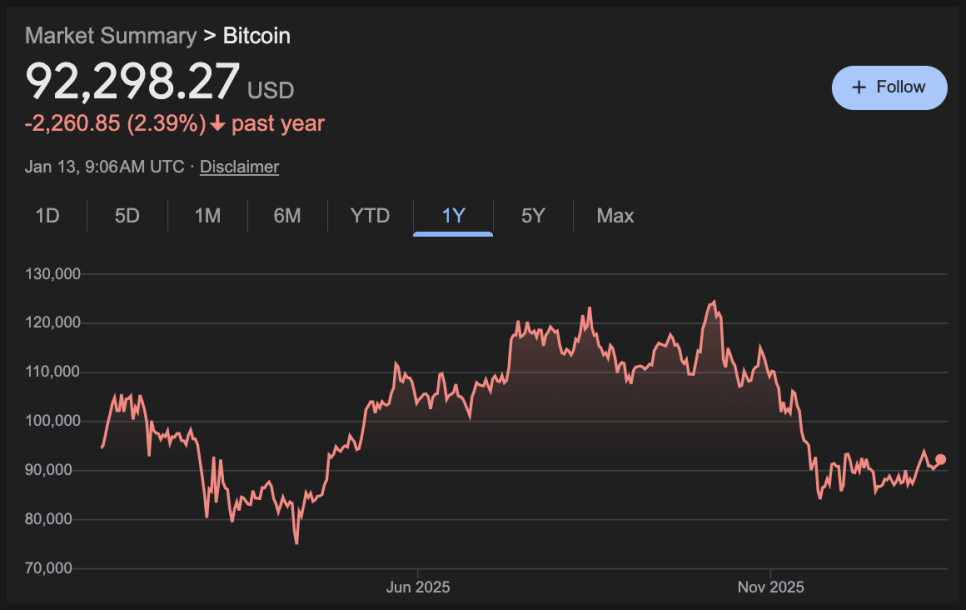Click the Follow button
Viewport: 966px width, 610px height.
tap(889, 88)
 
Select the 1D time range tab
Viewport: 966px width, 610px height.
tap(47, 216)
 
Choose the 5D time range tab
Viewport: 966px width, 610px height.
tap(127, 216)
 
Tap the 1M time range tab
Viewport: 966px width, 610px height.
tap(207, 216)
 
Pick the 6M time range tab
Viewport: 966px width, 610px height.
tap(287, 216)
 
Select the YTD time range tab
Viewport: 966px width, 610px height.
tap(370, 216)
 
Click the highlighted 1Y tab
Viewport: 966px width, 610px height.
tap(453, 216)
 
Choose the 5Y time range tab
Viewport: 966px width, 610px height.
tap(533, 216)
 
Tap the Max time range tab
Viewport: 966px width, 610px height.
tap(615, 216)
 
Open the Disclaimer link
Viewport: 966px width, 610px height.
tap(239, 167)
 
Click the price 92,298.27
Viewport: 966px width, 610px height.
tap(133, 83)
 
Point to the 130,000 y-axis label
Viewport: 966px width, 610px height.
tap(53, 274)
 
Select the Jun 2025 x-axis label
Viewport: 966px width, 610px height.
tap(418, 587)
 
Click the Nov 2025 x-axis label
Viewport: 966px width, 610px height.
tap(770, 587)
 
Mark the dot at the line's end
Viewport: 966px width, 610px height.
tap(940, 460)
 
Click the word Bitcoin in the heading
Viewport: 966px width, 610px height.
tap(257, 36)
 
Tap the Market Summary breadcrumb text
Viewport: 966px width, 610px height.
tap(110, 36)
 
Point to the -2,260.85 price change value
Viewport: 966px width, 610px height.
tap(73, 124)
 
